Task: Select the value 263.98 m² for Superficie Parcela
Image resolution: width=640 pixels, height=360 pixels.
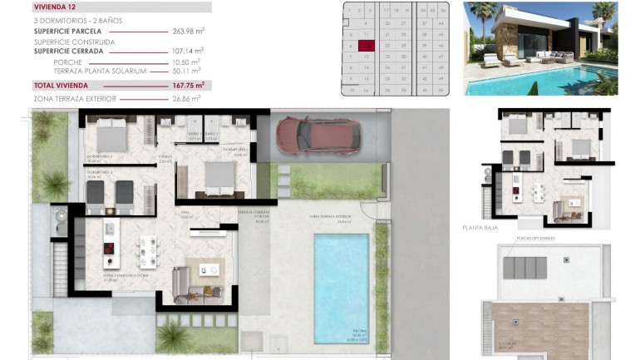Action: (188, 32)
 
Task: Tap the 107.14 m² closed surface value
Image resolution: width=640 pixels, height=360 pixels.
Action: (188, 51)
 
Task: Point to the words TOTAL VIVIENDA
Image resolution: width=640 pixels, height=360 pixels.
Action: (61, 85)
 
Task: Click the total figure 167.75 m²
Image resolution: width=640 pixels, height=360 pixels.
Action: (188, 85)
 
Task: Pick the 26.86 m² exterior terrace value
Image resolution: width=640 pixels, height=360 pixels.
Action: (187, 98)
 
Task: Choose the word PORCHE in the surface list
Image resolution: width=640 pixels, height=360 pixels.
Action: (67, 62)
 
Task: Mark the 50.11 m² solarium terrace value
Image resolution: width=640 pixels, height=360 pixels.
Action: (187, 71)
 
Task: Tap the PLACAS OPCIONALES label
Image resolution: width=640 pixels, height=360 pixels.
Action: (532, 236)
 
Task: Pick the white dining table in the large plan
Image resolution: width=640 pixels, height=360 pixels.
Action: (148, 250)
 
